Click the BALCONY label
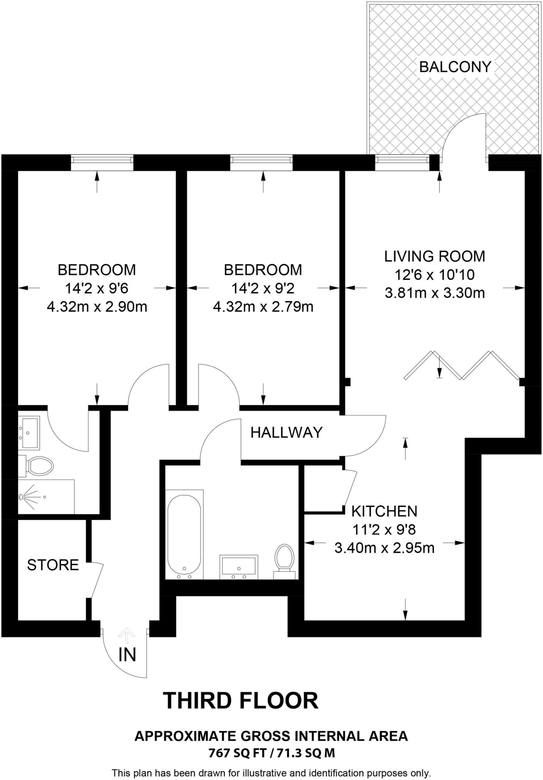tap(455, 67)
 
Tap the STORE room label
tap(53, 565)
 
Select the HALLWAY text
tap(286, 433)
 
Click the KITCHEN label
tap(384, 511)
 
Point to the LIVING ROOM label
tap(435, 256)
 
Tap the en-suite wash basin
tap(29, 433)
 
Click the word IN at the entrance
tap(127, 655)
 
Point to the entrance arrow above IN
tap(127, 635)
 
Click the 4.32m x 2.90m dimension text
tap(97, 307)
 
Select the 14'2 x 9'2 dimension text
tap(263, 288)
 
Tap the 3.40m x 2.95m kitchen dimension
tap(384, 548)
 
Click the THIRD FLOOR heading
tap(240, 700)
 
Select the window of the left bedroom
tap(102, 163)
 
